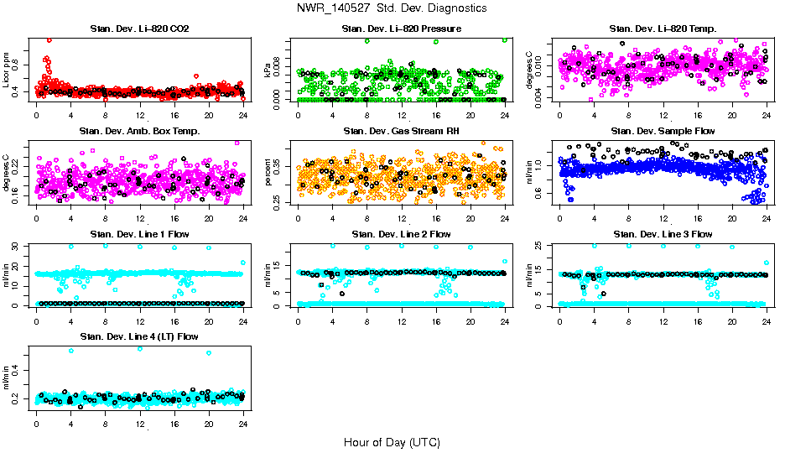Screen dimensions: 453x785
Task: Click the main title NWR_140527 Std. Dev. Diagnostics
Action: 392,8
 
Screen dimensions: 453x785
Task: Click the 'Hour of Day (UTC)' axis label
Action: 392,441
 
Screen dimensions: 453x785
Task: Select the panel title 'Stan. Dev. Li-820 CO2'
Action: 139,29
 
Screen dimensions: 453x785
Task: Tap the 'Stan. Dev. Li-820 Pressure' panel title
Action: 402,29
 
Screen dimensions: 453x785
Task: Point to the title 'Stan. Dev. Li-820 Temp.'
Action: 663,29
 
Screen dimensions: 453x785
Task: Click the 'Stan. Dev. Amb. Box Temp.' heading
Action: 139,132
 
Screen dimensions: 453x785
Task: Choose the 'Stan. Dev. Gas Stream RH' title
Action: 402,132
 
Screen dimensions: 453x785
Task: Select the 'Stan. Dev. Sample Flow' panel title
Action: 663,132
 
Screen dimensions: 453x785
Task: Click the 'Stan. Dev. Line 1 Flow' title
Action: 139,234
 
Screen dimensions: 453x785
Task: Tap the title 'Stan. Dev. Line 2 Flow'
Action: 402,234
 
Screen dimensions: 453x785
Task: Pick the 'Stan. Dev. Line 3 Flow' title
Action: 663,234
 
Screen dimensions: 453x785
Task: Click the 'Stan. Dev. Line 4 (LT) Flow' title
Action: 139,336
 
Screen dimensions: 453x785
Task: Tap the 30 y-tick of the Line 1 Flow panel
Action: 18,246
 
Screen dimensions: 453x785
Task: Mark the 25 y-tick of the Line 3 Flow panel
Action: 541,246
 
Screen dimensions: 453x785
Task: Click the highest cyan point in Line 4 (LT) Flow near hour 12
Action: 139,348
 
